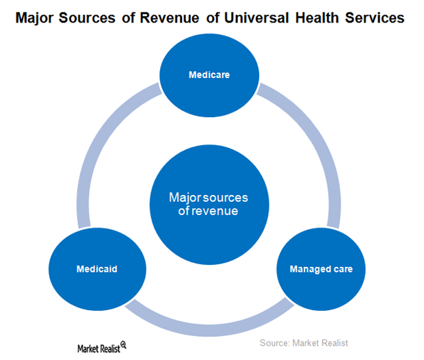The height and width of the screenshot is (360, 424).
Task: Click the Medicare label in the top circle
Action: pyautogui.click(x=209, y=75)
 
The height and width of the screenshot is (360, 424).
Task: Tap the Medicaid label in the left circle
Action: pyautogui.click(x=97, y=269)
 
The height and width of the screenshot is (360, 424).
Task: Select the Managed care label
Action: pyautogui.click(x=321, y=269)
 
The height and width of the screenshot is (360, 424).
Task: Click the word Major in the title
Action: pyautogui.click(x=34, y=18)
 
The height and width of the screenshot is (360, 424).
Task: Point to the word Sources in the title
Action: pyautogui.click(x=87, y=18)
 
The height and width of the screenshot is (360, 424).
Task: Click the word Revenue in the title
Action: pyautogui.click(x=170, y=18)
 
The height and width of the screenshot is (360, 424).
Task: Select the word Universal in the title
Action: pyautogui.click(x=256, y=18)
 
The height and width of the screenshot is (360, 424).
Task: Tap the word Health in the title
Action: pyautogui.click(x=317, y=18)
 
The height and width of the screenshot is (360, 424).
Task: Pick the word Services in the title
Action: pyautogui.click(x=375, y=18)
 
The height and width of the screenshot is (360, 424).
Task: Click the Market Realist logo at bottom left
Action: pyautogui.click(x=102, y=347)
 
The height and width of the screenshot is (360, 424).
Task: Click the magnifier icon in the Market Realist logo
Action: pyautogui.click(x=123, y=345)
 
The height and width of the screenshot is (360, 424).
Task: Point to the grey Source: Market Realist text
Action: pyautogui.click(x=304, y=343)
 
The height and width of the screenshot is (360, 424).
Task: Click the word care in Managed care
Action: pyautogui.click(x=343, y=269)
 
